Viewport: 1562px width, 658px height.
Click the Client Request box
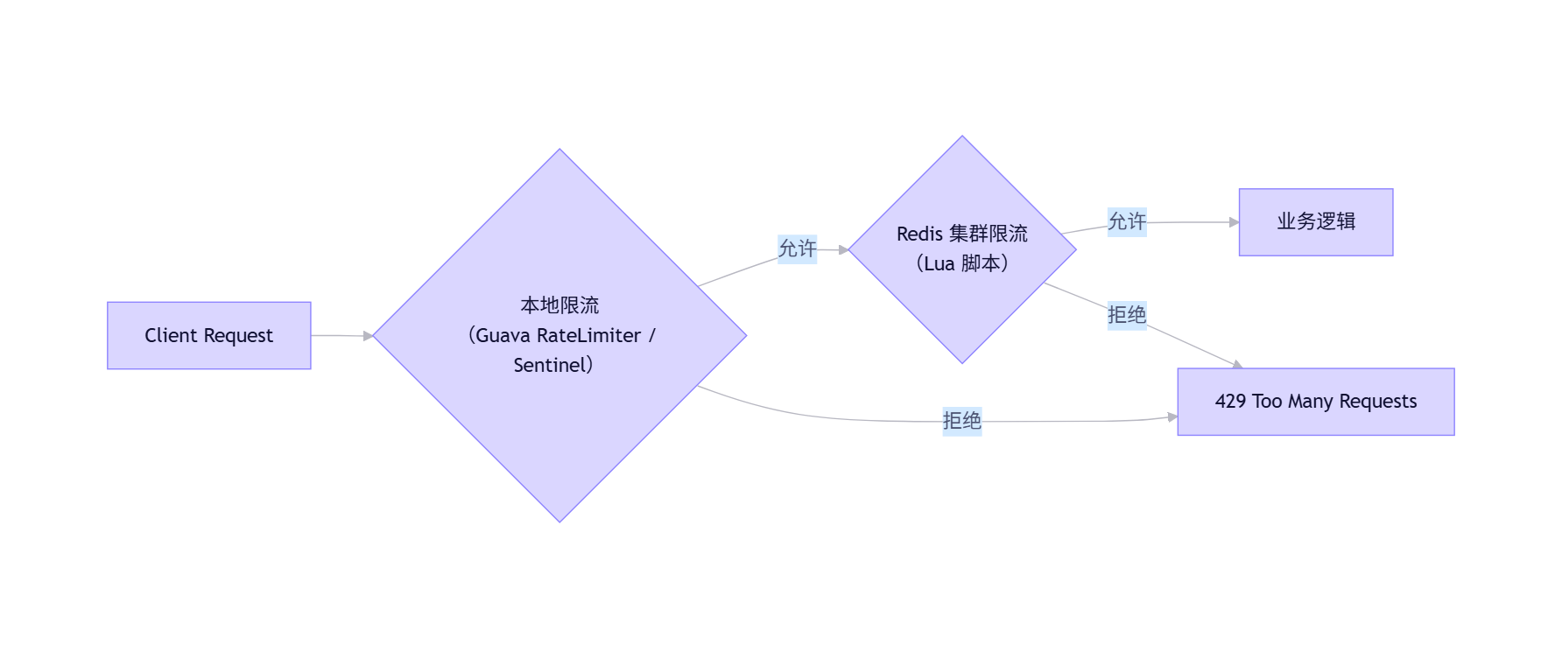pyautogui.click(x=208, y=335)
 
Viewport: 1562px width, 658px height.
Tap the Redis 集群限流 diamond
pyautogui.click(x=961, y=306)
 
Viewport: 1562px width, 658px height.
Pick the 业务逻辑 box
pyautogui.click(x=1315, y=222)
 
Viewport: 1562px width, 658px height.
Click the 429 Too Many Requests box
pyautogui.click(x=1315, y=402)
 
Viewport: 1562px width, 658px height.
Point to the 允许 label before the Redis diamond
pyautogui.click(x=797, y=249)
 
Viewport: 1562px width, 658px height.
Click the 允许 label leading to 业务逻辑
pyautogui.click(x=1127, y=221)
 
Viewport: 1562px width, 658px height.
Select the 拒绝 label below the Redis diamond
pyautogui.click(x=1127, y=315)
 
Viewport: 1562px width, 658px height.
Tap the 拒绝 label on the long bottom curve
pyautogui.click(x=961, y=421)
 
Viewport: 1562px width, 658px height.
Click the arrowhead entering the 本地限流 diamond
pyautogui.click(x=369, y=336)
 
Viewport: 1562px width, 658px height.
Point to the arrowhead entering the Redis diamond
pyautogui.click(x=843, y=250)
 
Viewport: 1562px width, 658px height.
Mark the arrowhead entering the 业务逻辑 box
pyautogui.click(x=1234, y=222)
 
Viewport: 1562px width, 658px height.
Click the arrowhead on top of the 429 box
pyautogui.click(x=1237, y=364)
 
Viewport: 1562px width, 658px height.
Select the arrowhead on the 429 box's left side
pyautogui.click(x=1172, y=417)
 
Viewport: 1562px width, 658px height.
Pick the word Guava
pyautogui.click(x=503, y=335)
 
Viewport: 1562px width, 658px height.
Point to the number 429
pyautogui.click(x=1230, y=402)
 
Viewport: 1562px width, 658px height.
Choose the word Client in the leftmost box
pyautogui.click(x=171, y=335)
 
